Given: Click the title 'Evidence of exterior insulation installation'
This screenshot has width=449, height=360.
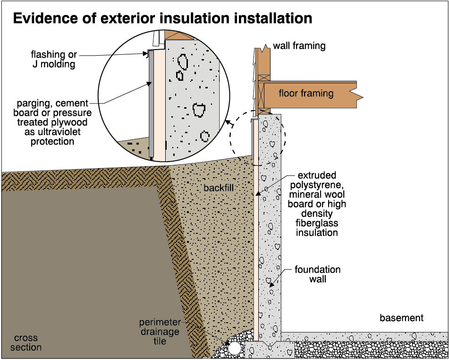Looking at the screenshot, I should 162,18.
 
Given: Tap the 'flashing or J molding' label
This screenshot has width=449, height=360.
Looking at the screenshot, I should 53,60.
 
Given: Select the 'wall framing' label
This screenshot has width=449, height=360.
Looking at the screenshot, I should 299,46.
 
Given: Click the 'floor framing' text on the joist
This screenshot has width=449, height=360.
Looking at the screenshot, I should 306,93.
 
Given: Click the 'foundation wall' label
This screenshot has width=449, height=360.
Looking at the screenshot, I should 317,274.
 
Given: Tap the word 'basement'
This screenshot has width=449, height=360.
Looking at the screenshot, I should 401,318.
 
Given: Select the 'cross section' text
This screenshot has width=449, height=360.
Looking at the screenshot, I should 27,343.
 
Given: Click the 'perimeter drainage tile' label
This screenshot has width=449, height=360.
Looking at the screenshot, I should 159,332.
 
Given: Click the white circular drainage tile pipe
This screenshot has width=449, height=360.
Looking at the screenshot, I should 234,349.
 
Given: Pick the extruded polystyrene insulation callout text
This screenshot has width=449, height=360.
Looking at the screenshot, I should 317,204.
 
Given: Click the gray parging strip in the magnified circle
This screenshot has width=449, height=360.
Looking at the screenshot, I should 151,104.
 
